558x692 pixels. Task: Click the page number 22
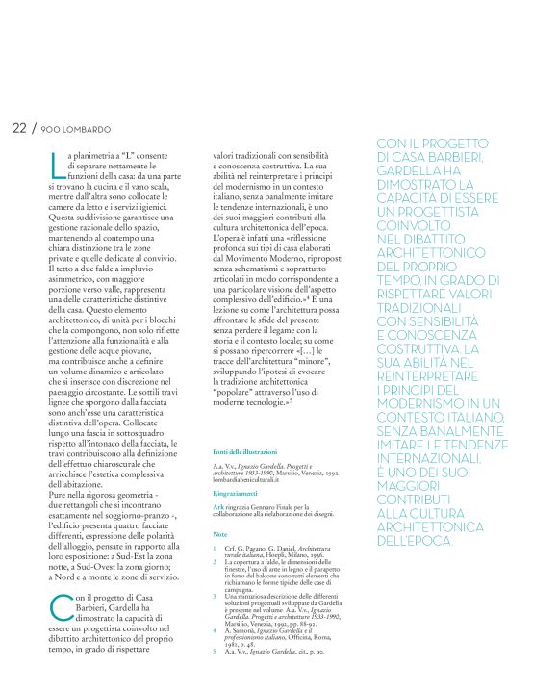pos(19,127)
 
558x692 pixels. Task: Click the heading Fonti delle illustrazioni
pos(244,450)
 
